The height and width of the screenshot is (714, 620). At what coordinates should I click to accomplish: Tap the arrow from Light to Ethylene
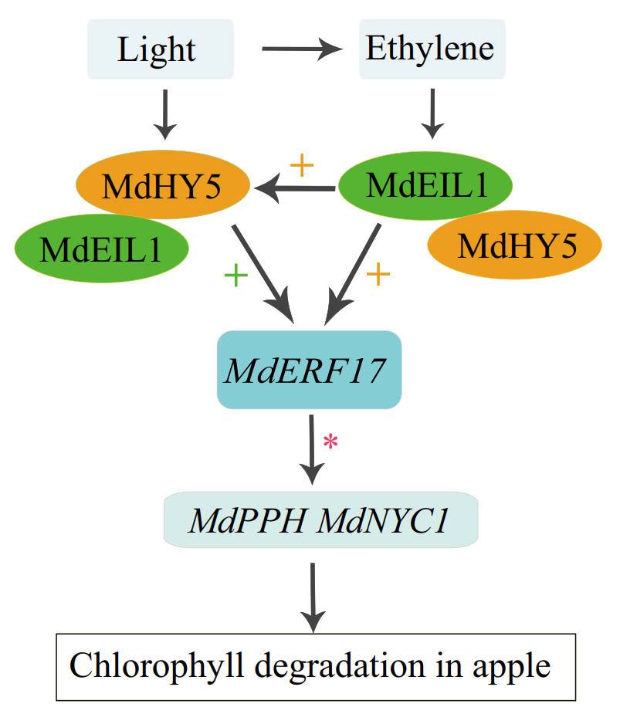click(301, 51)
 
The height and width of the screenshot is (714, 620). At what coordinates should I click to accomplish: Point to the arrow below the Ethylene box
click(432, 112)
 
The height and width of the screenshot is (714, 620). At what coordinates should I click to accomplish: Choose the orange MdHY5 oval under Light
click(162, 186)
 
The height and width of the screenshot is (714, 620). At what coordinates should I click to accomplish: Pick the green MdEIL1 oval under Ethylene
click(426, 185)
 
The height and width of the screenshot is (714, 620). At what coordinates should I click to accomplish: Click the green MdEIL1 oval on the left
click(101, 248)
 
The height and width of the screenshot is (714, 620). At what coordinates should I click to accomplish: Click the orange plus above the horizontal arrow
click(301, 164)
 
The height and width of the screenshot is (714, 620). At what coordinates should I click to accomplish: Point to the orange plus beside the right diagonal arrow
click(378, 275)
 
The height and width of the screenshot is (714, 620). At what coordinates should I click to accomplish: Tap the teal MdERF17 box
click(310, 371)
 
